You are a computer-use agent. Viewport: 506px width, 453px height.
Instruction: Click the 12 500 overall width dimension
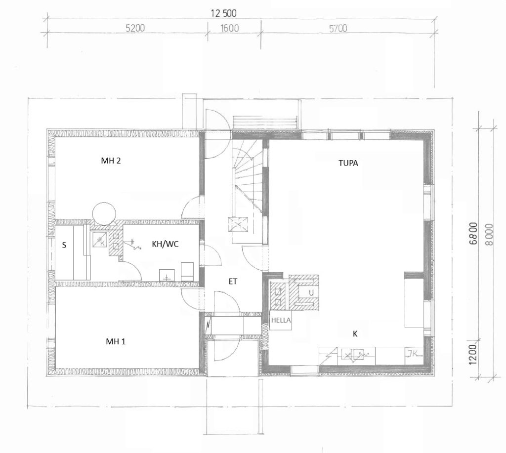pos(224,13)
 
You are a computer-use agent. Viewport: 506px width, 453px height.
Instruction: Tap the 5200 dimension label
pos(135,28)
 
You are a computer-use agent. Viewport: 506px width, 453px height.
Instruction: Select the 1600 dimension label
pos(229,28)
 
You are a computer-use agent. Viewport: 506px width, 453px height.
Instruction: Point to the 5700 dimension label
pos(338,29)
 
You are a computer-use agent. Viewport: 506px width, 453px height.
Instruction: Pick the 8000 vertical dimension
pos(489,235)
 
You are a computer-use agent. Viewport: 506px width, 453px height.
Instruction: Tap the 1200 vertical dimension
pos(472,354)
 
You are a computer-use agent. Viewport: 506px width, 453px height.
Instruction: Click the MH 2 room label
pos(111,161)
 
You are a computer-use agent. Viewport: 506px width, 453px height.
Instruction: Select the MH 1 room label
pos(116,341)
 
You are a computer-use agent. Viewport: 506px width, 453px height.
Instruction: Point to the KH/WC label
pos(165,244)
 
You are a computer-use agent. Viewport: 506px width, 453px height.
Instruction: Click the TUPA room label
pos(348,163)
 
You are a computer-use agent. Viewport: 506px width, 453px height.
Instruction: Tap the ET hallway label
pos(233,282)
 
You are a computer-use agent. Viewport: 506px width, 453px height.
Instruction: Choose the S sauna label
pos(64,245)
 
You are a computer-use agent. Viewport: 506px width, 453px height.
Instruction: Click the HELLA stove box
pos(281,320)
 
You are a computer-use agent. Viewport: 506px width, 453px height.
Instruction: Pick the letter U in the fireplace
pos(311,293)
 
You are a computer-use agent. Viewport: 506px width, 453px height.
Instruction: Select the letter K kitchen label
pos(355,333)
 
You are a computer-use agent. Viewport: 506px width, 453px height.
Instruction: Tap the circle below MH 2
pos(104,213)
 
